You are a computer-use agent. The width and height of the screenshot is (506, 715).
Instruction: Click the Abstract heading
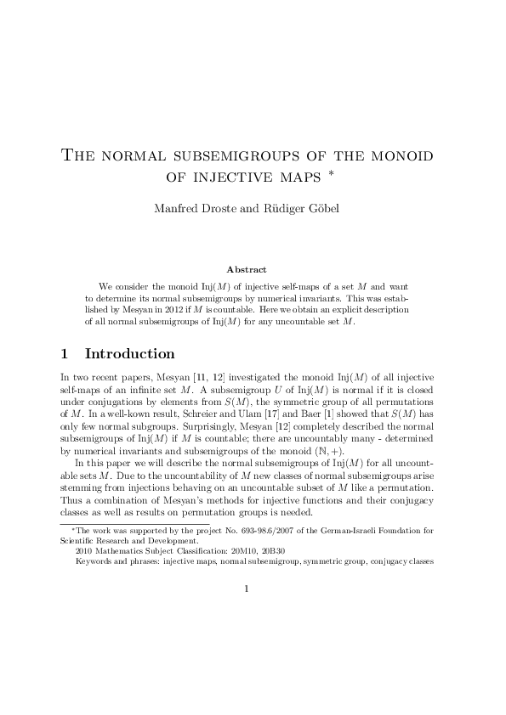pos(253,270)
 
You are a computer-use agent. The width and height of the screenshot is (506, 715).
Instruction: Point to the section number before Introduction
pos(66,353)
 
